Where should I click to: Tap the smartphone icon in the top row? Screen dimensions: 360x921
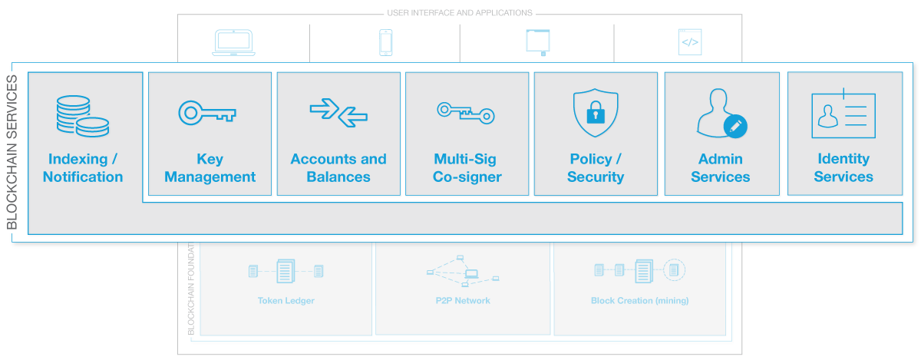[386, 43]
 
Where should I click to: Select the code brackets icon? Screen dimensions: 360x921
[690, 42]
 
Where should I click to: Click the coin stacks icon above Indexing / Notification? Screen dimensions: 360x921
[81, 116]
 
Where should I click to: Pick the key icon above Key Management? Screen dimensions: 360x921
[207, 113]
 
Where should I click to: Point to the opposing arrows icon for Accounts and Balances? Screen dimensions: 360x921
[338, 113]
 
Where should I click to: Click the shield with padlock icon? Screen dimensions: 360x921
[595, 114]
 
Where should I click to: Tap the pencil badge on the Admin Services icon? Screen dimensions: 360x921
[735, 127]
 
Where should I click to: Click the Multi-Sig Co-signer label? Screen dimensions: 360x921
[467, 168]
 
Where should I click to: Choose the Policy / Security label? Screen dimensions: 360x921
[596, 168]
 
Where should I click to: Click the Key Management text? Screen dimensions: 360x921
[210, 168]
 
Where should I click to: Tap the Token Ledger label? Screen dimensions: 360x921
[286, 301]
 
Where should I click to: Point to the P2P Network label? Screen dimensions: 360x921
[462, 301]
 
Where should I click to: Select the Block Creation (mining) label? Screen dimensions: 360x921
[639, 301]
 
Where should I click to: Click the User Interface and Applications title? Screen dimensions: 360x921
[459, 13]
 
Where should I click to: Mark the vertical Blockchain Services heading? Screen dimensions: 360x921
[12, 153]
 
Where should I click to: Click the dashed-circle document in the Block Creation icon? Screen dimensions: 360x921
[674, 269]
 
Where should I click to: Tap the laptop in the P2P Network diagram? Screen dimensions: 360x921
[471, 272]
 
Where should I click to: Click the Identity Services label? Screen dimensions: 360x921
[843, 168]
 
